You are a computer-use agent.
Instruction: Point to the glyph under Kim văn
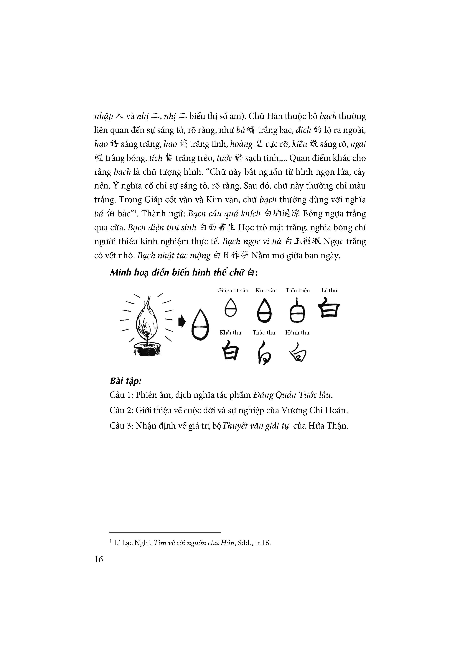click(x=264, y=310)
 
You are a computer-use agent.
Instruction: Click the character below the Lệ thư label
click(x=329, y=307)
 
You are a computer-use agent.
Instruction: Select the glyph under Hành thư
click(x=298, y=352)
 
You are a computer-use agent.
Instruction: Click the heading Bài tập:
click(x=126, y=381)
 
